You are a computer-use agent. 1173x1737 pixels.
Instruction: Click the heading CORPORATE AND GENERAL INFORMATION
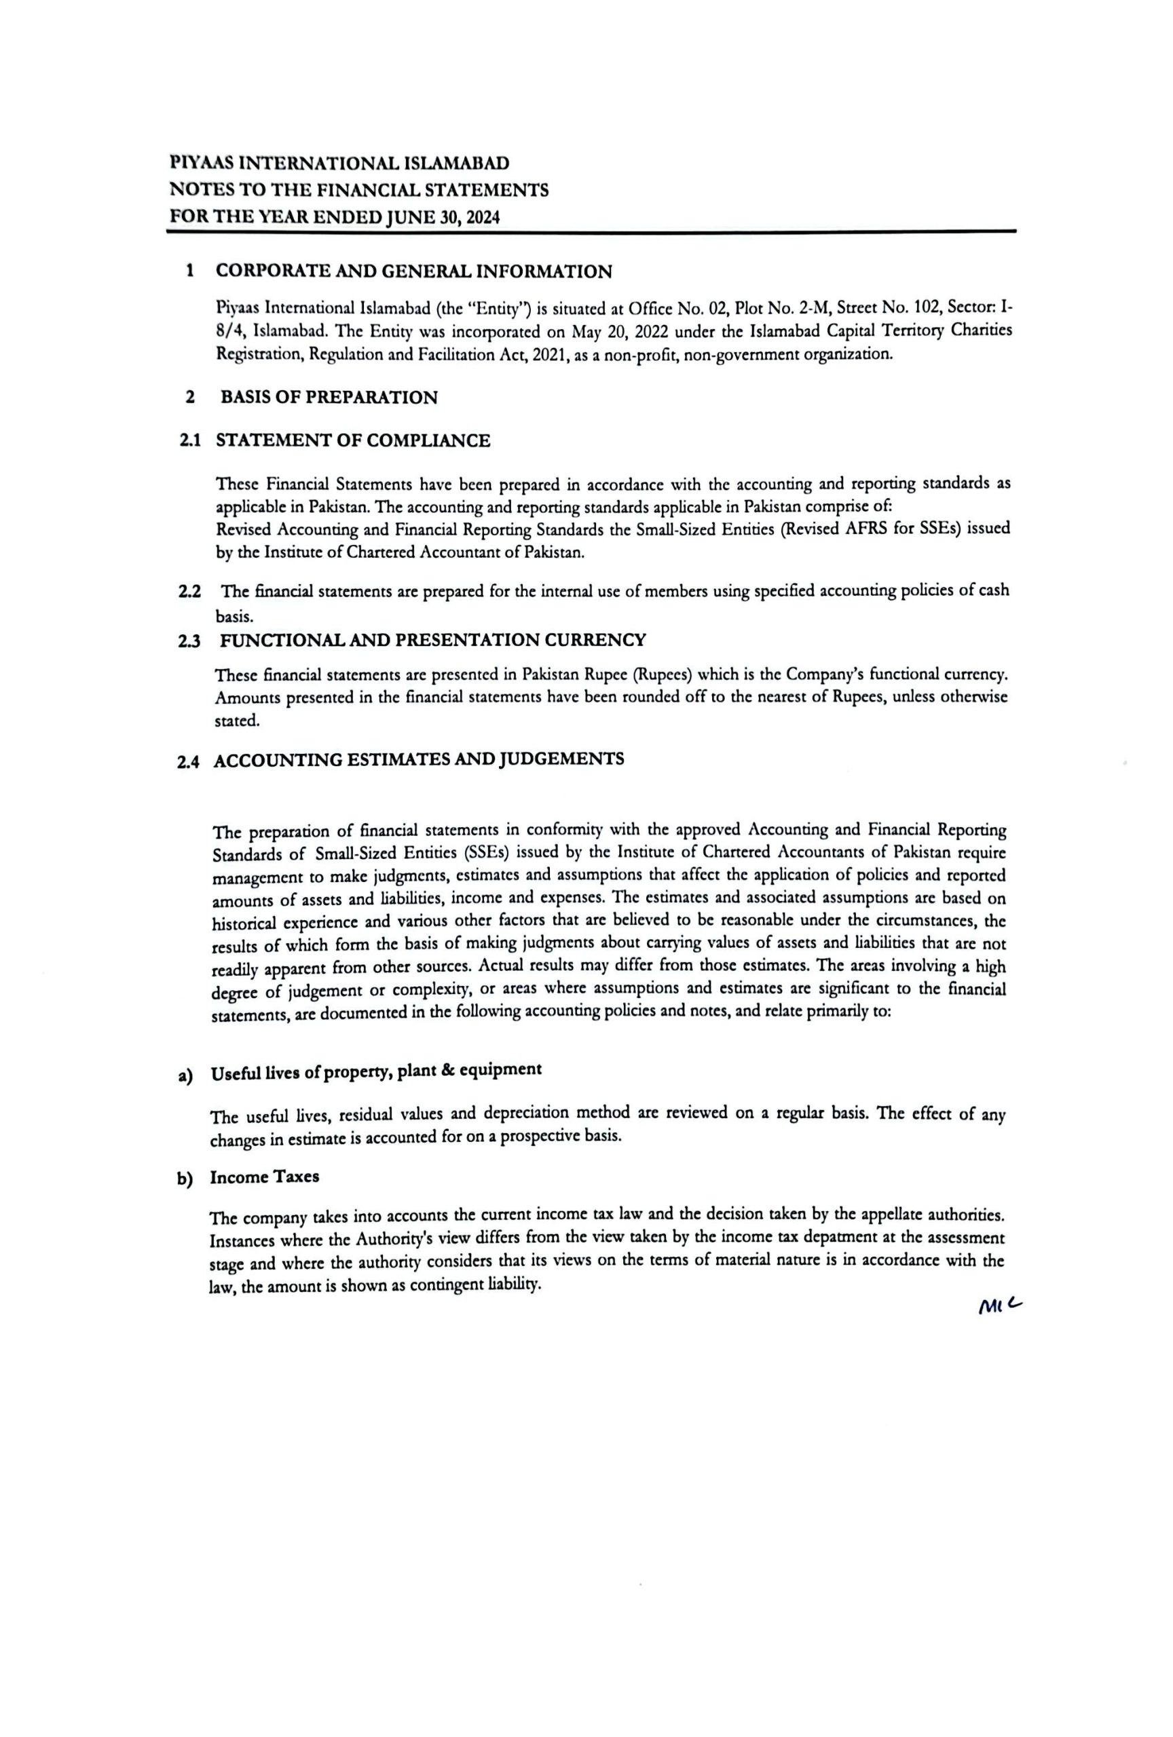(x=413, y=271)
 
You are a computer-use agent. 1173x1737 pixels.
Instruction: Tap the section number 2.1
(x=190, y=440)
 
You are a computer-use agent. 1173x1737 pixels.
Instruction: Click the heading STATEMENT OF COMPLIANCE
(x=353, y=440)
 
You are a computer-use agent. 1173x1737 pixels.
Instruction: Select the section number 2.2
(x=190, y=591)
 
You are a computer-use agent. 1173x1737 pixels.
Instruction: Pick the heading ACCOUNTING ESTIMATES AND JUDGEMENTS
(x=419, y=760)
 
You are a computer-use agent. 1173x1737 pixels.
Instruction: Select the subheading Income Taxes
(x=265, y=1177)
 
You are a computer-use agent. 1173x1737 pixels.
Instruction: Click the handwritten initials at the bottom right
(x=998, y=1305)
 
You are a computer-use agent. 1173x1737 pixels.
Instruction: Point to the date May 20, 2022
(x=612, y=330)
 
